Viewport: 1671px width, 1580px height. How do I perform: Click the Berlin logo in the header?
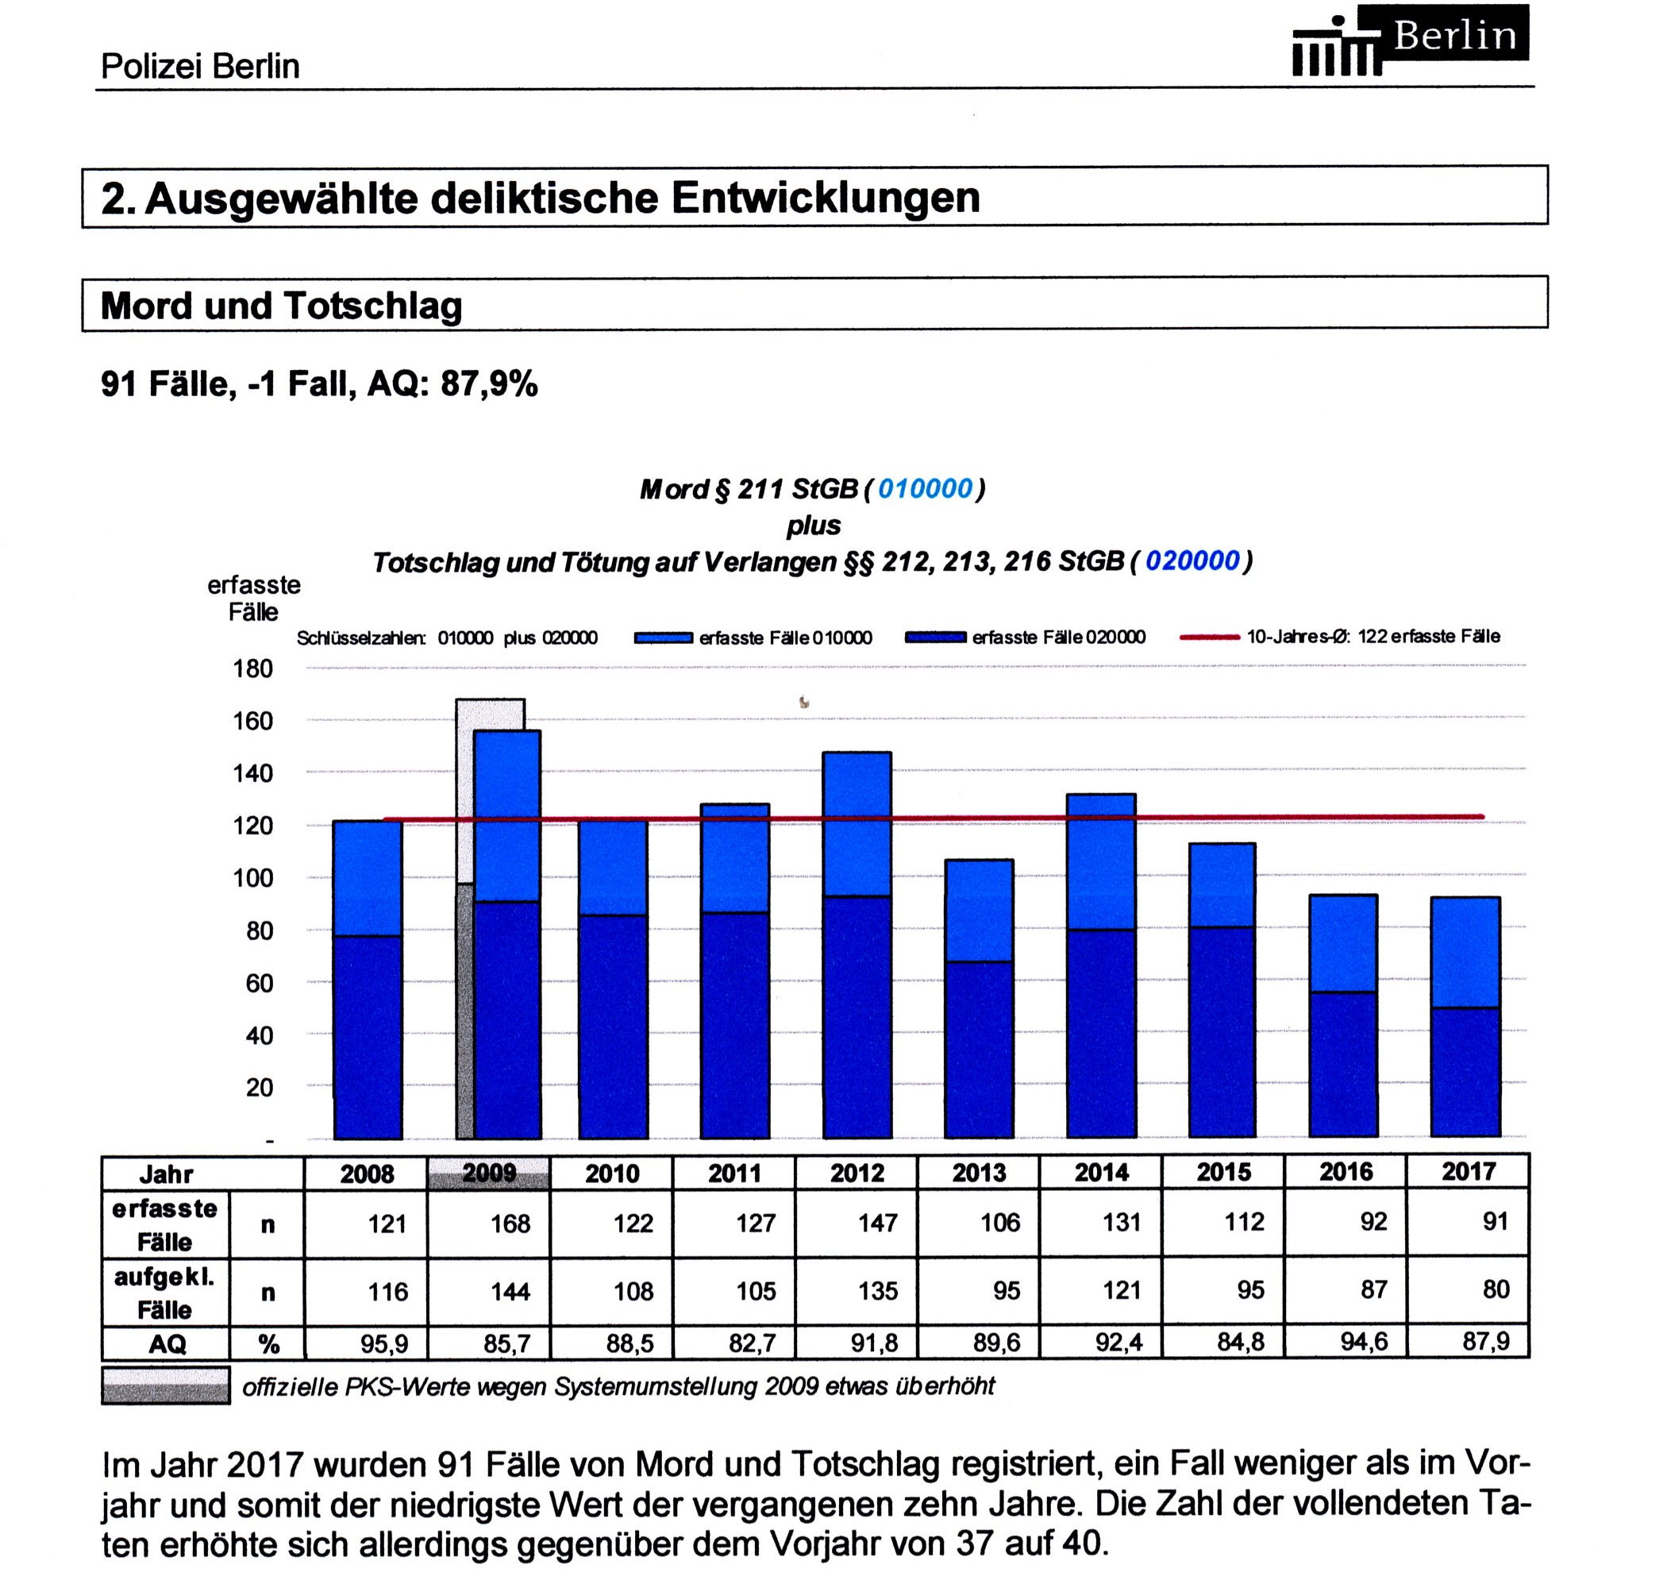pos(1411,40)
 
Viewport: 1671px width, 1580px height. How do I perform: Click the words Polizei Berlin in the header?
pos(201,66)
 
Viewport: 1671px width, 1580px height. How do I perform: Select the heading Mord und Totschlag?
pos(281,305)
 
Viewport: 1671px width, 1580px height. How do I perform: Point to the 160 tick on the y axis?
pos(253,721)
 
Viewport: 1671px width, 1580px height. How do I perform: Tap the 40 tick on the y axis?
pos(260,1035)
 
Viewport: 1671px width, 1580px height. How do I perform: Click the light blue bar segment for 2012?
pos(857,823)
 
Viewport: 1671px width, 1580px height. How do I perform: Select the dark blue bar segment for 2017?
pos(1465,1072)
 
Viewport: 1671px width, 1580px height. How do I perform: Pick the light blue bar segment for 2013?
pos(979,911)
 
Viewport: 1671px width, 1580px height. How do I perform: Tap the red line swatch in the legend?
pos(1210,638)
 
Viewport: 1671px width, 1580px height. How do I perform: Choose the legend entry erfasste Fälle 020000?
pos(1025,638)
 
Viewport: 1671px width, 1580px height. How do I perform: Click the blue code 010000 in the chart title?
pos(925,489)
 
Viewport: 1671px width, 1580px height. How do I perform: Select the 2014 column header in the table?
pos(1102,1172)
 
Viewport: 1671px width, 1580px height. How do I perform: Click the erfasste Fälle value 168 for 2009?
pos(510,1223)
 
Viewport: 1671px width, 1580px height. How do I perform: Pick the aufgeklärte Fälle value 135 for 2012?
pos(878,1291)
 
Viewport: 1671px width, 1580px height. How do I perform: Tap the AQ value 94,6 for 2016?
pos(1364,1342)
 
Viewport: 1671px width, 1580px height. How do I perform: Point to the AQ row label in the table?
pos(167,1343)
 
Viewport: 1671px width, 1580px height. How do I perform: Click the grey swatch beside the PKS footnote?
pos(165,1385)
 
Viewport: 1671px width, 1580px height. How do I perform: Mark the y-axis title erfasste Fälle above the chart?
pos(253,598)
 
